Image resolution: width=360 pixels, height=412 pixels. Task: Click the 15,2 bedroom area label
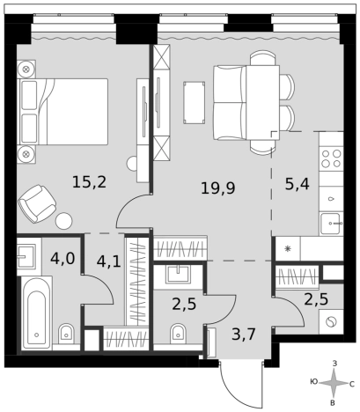[x=90, y=182]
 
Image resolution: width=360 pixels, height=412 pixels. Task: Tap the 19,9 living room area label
[x=218, y=188]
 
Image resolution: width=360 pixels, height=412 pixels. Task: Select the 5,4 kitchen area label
[x=297, y=184]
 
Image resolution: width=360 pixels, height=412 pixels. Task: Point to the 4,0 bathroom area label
[x=62, y=259]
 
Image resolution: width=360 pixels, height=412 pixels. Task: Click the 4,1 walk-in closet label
[x=108, y=261]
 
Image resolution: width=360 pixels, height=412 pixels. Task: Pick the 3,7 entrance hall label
[x=244, y=334]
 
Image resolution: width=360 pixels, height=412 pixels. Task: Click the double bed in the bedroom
[x=62, y=112]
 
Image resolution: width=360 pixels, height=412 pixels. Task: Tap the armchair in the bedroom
[x=37, y=203]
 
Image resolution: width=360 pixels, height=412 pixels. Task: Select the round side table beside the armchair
[x=63, y=220]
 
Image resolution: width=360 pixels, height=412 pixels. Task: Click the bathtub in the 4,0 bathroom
[x=37, y=313]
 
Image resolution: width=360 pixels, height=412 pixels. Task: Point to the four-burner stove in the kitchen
[x=332, y=158]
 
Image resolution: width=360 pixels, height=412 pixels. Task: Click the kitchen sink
[x=332, y=224]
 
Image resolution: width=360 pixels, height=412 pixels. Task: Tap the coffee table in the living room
[x=194, y=102]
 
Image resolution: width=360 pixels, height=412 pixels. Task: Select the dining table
[x=262, y=102]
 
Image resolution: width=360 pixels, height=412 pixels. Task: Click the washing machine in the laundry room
[x=331, y=322]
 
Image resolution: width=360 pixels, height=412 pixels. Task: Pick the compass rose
[x=334, y=383]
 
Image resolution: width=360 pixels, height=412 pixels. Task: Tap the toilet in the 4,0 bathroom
[x=67, y=334]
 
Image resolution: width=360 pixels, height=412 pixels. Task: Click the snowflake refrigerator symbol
[x=288, y=248]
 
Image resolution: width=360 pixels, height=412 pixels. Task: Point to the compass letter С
[x=352, y=384]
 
